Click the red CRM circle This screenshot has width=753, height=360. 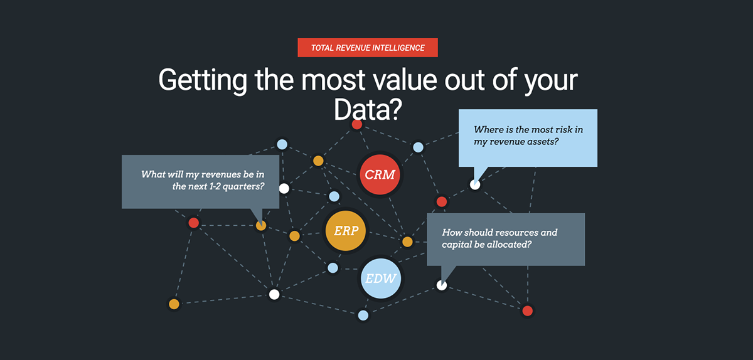[x=380, y=174]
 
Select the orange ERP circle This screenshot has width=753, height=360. [x=346, y=231]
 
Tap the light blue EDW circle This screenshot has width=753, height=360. [x=380, y=278]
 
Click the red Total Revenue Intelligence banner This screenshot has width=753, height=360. [x=368, y=48]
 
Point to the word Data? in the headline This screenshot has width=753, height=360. [x=368, y=109]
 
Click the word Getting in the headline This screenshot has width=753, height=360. [x=203, y=81]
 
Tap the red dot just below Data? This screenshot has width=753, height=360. [x=356, y=124]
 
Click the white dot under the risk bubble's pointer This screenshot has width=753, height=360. [x=475, y=184]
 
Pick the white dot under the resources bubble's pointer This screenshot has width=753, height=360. [x=442, y=285]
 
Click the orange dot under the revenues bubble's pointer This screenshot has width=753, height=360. [x=261, y=226]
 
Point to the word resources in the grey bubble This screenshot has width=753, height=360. [x=516, y=233]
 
